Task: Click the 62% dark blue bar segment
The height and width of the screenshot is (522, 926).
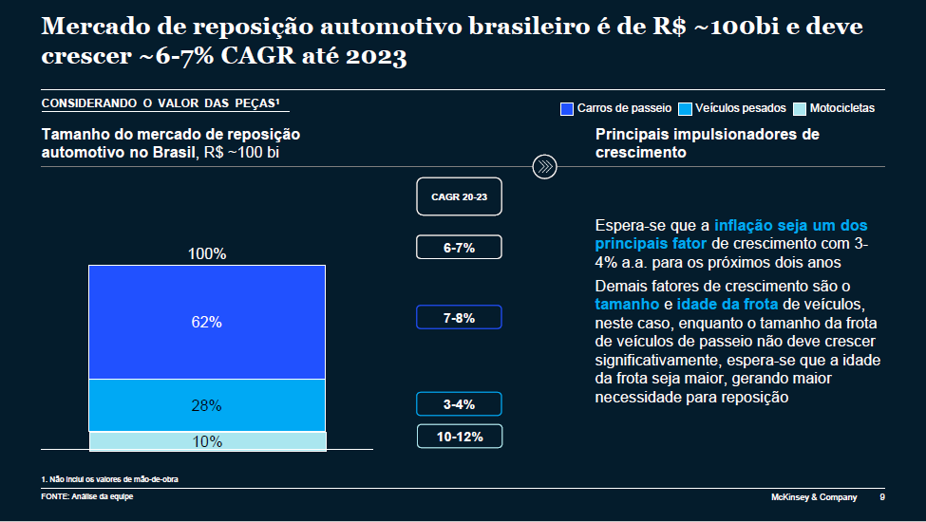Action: [206, 322]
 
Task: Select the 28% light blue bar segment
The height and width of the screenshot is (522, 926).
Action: [206, 405]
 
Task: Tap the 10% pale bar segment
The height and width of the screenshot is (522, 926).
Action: [207, 441]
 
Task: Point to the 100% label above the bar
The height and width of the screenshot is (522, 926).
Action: [206, 254]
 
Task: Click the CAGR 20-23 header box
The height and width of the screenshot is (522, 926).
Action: [459, 196]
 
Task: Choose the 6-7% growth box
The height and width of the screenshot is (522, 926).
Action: [459, 248]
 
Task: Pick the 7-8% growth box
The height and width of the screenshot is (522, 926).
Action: [459, 318]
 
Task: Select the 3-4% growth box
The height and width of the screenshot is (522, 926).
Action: [459, 404]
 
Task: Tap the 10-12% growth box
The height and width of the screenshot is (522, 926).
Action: [459, 437]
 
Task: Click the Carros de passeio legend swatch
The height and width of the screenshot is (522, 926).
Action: [568, 108]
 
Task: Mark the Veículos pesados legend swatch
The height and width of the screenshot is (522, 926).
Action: [685, 108]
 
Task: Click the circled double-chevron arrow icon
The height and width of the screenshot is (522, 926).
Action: [544, 166]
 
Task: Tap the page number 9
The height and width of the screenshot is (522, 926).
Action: [882, 497]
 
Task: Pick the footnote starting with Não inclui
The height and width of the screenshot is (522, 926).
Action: [110, 479]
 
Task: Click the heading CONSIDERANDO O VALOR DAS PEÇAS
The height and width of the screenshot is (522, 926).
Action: [160, 103]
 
